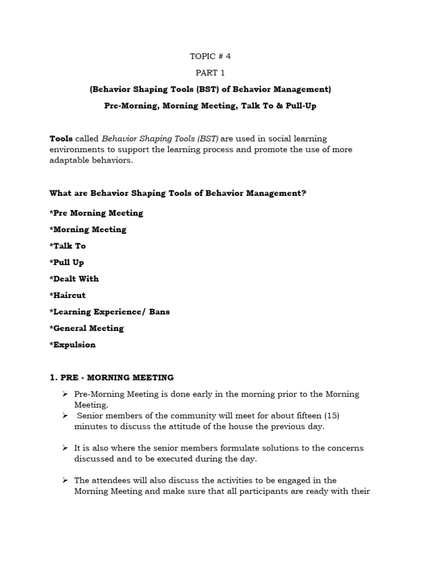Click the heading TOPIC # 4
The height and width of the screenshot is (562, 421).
(x=210, y=56)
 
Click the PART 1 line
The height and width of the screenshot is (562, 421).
(x=210, y=72)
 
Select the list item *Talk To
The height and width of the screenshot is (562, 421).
(x=67, y=246)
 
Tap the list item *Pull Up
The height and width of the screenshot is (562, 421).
(x=67, y=262)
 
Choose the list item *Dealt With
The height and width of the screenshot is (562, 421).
(x=74, y=279)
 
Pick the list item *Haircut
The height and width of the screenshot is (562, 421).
(x=67, y=295)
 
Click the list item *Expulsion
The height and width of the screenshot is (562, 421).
(x=72, y=345)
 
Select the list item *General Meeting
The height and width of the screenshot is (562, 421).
(x=87, y=328)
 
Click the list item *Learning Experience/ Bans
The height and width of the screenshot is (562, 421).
(x=110, y=312)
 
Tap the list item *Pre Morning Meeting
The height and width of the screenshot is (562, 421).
(x=96, y=213)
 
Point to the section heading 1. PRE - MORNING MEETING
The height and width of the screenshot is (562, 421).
(x=111, y=378)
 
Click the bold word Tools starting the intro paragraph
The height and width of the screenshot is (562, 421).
(x=61, y=139)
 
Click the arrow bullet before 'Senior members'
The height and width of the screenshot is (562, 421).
(x=65, y=415)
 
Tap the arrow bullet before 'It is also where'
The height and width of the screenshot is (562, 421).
(x=65, y=448)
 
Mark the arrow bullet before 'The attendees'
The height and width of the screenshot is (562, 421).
(x=65, y=480)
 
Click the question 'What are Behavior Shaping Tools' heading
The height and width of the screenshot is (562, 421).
(x=178, y=193)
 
